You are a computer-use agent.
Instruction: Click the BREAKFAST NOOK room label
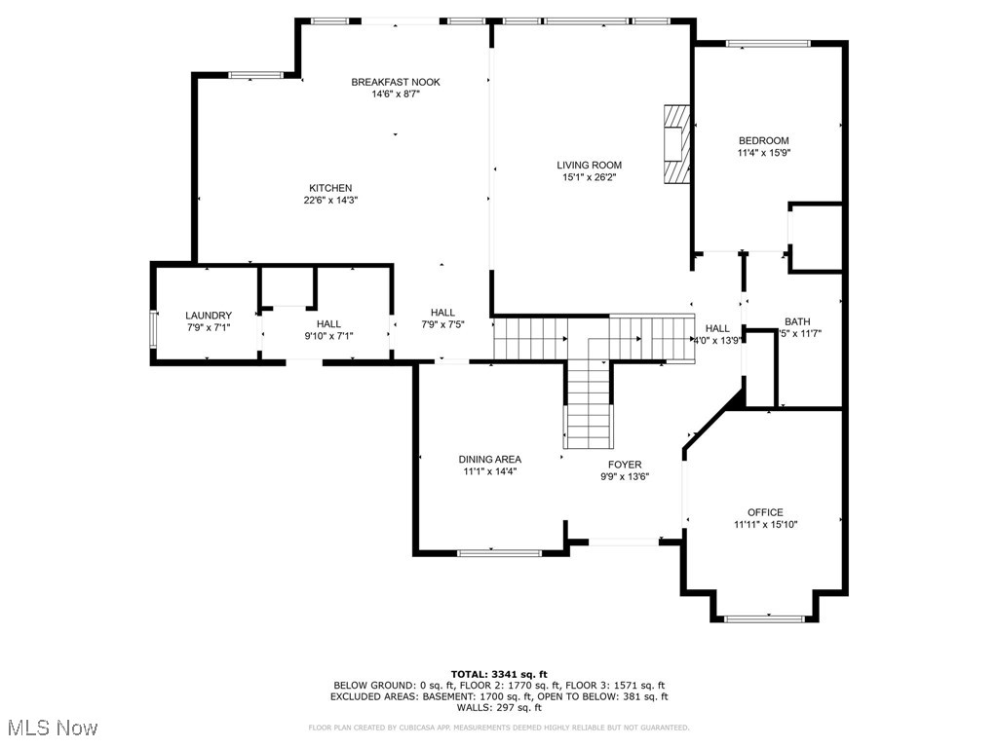[395, 82]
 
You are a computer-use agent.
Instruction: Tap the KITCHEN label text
[330, 188]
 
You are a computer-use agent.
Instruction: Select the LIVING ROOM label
[589, 165]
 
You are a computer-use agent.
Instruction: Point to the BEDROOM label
[763, 140]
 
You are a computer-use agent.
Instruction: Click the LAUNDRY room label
[209, 316]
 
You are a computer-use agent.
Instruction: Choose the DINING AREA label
[489, 459]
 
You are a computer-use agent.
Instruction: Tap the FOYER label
[625, 465]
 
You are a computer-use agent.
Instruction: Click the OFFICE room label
[765, 512]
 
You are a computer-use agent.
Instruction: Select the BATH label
[797, 321]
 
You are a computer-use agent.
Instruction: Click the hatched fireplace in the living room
[674, 144]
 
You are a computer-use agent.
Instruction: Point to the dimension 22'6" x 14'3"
[330, 201]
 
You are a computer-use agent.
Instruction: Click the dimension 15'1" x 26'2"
[589, 177]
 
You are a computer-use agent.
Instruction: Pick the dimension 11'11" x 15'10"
[765, 524]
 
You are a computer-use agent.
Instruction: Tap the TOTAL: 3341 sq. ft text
[499, 674]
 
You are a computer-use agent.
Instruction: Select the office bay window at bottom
[764, 617]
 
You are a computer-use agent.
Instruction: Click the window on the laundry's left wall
[152, 328]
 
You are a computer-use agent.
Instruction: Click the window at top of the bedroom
[768, 43]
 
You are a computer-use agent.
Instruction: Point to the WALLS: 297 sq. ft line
[499, 708]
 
